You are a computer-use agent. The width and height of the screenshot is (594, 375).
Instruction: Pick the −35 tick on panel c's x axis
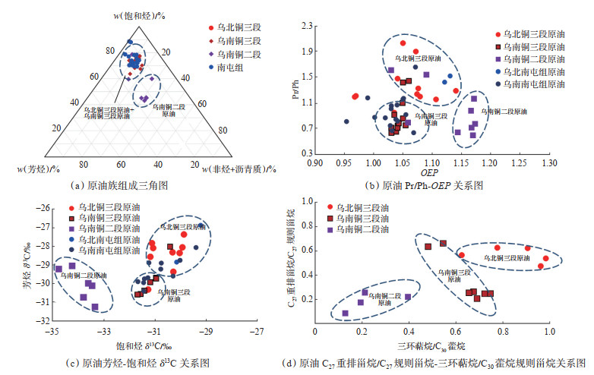click(x=52, y=332)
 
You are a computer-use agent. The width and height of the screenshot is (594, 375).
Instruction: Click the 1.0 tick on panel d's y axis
click(x=305, y=201)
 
